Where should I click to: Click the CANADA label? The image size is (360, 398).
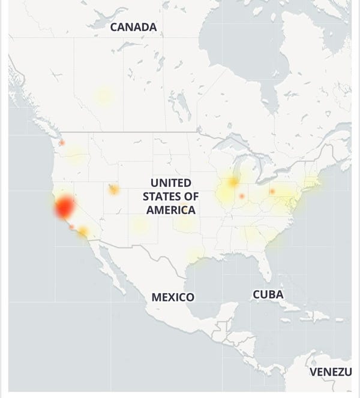coord(133,27)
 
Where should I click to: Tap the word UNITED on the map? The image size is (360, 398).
coord(170,182)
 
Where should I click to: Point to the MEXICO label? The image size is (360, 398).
coord(173,297)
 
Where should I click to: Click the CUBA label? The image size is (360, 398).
coord(268,294)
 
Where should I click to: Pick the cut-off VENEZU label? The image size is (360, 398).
coord(330,372)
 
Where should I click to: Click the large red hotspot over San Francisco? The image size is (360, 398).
coord(64,207)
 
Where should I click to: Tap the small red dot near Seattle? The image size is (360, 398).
coord(61,143)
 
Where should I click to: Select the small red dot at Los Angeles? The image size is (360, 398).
coord(72,227)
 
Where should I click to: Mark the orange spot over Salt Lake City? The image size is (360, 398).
coord(112,189)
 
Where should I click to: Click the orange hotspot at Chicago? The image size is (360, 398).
coord(233,182)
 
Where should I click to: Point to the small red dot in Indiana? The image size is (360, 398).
coord(242,195)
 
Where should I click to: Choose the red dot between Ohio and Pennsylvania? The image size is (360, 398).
coord(272,191)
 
